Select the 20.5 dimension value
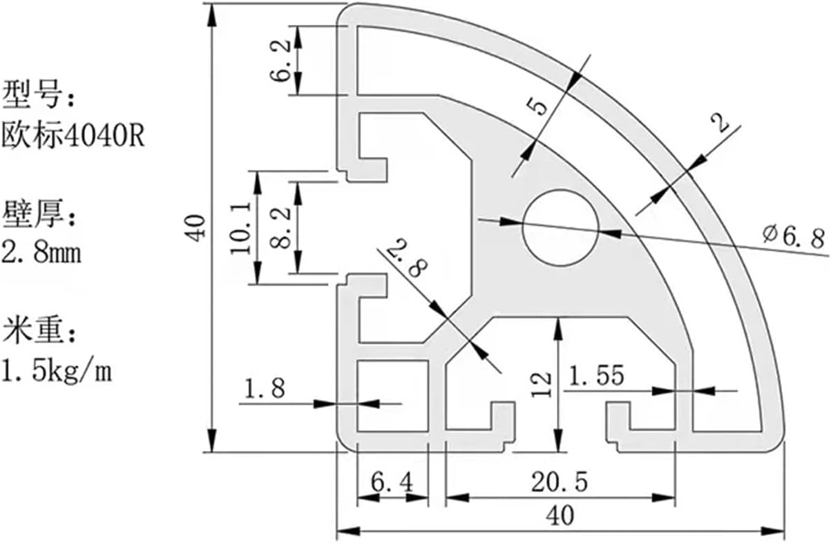click(560, 482)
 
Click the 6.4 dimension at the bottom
click(392, 482)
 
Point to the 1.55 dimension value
click(597, 375)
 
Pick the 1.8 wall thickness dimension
click(265, 388)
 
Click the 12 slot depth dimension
click(542, 385)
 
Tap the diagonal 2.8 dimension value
click(407, 258)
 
